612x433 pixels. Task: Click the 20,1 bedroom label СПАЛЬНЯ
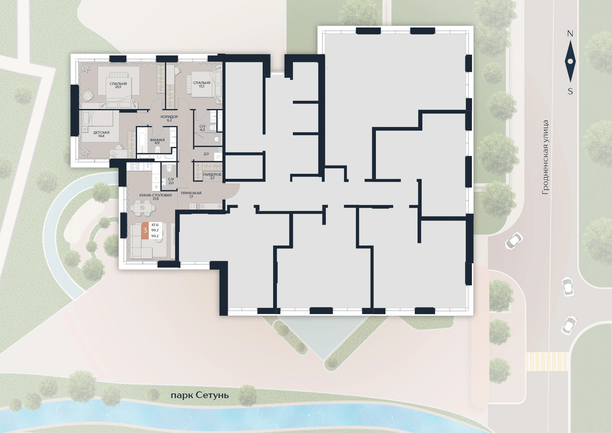point(118,84)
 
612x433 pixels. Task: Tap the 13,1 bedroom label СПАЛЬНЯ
point(202,83)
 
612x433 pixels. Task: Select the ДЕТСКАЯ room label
point(101,132)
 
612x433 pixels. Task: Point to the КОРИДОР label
point(169,117)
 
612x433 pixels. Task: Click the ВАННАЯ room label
point(157,140)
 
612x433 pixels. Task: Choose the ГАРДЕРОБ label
point(212,174)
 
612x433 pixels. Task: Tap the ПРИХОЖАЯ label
point(191,193)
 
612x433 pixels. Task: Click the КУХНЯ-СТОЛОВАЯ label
point(156,195)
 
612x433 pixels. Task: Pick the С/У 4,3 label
point(202,128)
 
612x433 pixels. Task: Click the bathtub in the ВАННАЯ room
point(142,140)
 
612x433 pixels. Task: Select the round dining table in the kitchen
point(142,208)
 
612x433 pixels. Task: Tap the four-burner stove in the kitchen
point(135,166)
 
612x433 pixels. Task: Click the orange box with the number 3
point(145,230)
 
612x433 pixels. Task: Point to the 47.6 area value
point(155,225)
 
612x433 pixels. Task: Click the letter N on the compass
point(570,34)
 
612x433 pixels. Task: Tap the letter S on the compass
point(570,91)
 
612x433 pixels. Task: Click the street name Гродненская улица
point(545,157)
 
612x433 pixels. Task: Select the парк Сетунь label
point(200,395)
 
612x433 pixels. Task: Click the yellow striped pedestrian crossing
point(547,362)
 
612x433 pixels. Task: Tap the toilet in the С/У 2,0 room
point(169,169)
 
